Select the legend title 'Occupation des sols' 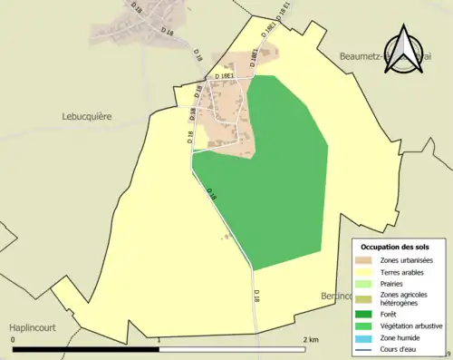pos(396,247)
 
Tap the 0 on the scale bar pos(14,340)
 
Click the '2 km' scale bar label pos(311,340)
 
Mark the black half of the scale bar pos(86,348)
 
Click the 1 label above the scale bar pos(159,340)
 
